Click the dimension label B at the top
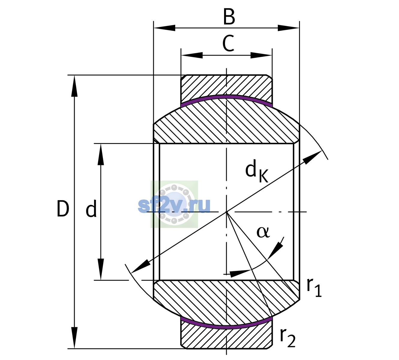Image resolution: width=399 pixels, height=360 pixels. (229, 17)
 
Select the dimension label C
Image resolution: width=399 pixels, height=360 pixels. (228, 43)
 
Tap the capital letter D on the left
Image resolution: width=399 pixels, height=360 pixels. (63, 209)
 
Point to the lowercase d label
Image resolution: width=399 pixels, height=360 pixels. (91, 208)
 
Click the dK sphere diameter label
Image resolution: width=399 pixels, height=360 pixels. (257, 172)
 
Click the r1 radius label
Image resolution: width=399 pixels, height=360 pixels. (314, 288)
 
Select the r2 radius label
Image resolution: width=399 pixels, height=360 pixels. (288, 338)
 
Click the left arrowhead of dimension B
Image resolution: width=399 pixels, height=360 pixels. (164, 28)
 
